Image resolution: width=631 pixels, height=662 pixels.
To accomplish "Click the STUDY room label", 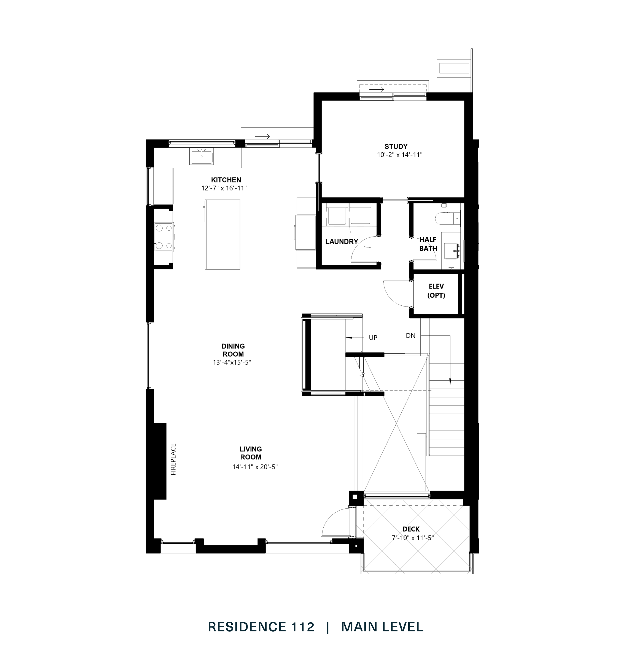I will click(396, 146).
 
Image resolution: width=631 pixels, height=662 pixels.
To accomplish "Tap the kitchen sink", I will click(202, 157).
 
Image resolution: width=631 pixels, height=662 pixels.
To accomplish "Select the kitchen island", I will click(223, 234).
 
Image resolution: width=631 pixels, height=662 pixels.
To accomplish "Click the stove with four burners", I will click(164, 237).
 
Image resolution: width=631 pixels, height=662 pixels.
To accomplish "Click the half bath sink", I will click(452, 251).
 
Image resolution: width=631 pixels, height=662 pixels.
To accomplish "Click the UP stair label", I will click(373, 338).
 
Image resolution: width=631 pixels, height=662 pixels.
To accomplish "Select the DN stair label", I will click(410, 335).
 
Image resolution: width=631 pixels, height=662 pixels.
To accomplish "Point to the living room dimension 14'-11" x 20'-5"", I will click(255, 467).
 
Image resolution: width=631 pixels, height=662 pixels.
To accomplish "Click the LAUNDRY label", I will click(341, 241).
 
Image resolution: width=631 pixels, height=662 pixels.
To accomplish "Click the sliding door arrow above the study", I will click(376, 90).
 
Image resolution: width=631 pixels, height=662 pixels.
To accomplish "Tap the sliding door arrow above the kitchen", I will click(262, 136).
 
